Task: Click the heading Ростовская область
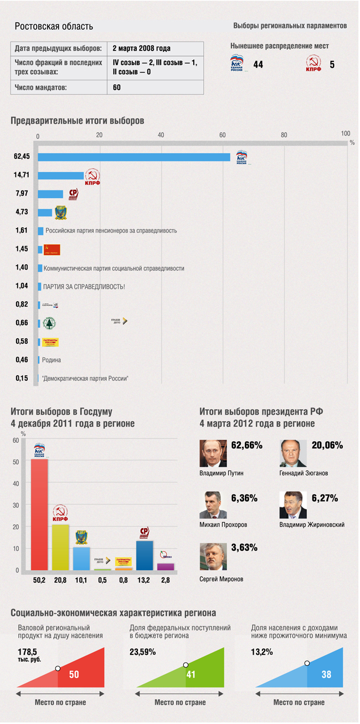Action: point(54,27)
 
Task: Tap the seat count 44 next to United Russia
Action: point(258,65)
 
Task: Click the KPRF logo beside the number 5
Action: point(314,64)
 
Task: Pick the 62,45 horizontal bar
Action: point(133,157)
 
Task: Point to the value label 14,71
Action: point(22,175)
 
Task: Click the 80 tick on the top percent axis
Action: point(284,136)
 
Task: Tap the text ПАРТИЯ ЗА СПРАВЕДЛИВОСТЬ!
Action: point(84,287)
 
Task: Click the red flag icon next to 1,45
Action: point(52,250)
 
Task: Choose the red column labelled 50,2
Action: point(39,514)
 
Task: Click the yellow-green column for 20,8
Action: point(60,547)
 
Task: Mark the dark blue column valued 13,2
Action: point(145,555)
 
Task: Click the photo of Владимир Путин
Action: point(213,453)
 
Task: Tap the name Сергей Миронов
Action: point(221,579)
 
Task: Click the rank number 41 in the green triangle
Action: point(192,675)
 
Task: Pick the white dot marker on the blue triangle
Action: point(307,663)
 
